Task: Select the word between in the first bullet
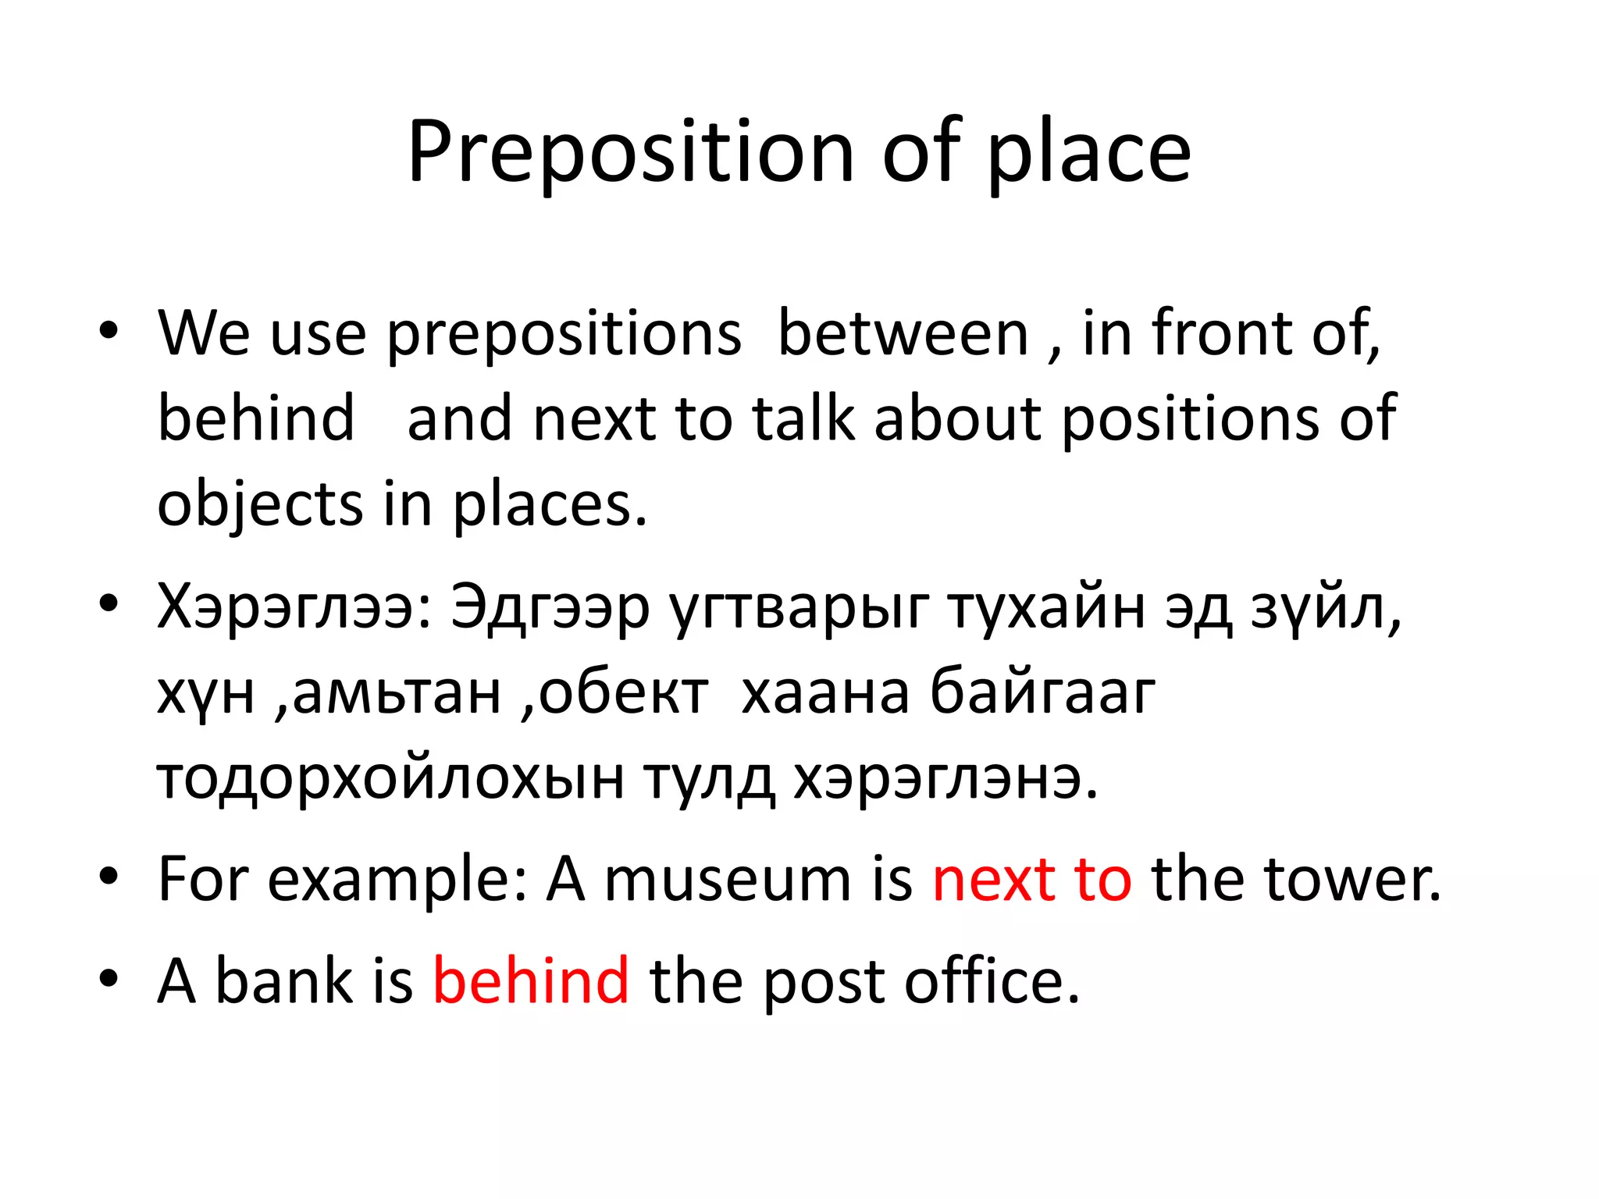tap(903, 334)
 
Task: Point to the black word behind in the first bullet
tap(256, 419)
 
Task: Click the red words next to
tap(1031, 880)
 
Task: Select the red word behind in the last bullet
tap(531, 980)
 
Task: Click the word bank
tap(284, 980)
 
